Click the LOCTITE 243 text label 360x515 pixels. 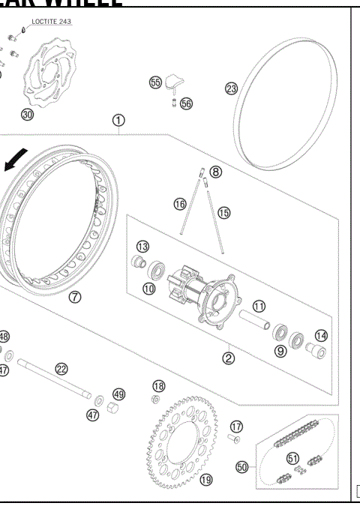click(52, 22)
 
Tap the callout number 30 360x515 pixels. click(28, 115)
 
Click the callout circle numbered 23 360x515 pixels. click(231, 88)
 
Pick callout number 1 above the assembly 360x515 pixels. click(118, 120)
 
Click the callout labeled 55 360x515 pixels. click(156, 82)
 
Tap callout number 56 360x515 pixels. click(186, 103)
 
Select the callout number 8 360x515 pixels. click(216, 172)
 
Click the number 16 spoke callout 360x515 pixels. click(180, 204)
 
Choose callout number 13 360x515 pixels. click(142, 247)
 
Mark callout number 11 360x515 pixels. click(259, 306)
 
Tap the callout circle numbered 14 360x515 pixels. click(321, 336)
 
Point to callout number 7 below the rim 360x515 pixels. click(76, 296)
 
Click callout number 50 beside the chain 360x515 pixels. click(242, 466)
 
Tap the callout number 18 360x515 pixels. click(158, 385)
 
